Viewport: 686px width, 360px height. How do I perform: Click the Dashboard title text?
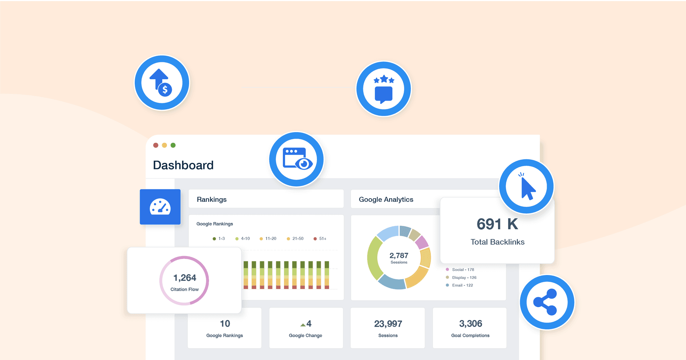(183, 165)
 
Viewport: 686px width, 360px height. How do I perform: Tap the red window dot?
(156, 145)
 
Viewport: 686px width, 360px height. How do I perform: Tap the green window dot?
(173, 145)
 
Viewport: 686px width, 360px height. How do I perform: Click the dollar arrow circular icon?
(161, 83)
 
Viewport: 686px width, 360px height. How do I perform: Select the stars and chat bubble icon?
(384, 89)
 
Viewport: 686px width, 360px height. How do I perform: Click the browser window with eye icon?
(297, 159)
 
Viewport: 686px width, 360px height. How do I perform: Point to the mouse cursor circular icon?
(526, 186)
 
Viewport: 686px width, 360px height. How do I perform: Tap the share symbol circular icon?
(547, 302)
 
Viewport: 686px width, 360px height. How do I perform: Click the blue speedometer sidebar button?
(160, 207)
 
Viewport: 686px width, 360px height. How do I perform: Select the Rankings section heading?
(212, 199)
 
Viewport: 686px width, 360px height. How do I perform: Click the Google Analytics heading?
(386, 199)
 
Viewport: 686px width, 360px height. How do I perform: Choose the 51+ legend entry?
(320, 239)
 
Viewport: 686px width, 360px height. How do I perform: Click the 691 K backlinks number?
(497, 224)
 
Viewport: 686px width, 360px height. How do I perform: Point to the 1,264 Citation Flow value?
(185, 277)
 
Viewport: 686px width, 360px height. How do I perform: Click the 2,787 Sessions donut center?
(399, 257)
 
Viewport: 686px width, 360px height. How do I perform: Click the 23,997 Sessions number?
(388, 324)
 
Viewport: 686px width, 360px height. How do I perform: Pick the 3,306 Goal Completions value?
(470, 324)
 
